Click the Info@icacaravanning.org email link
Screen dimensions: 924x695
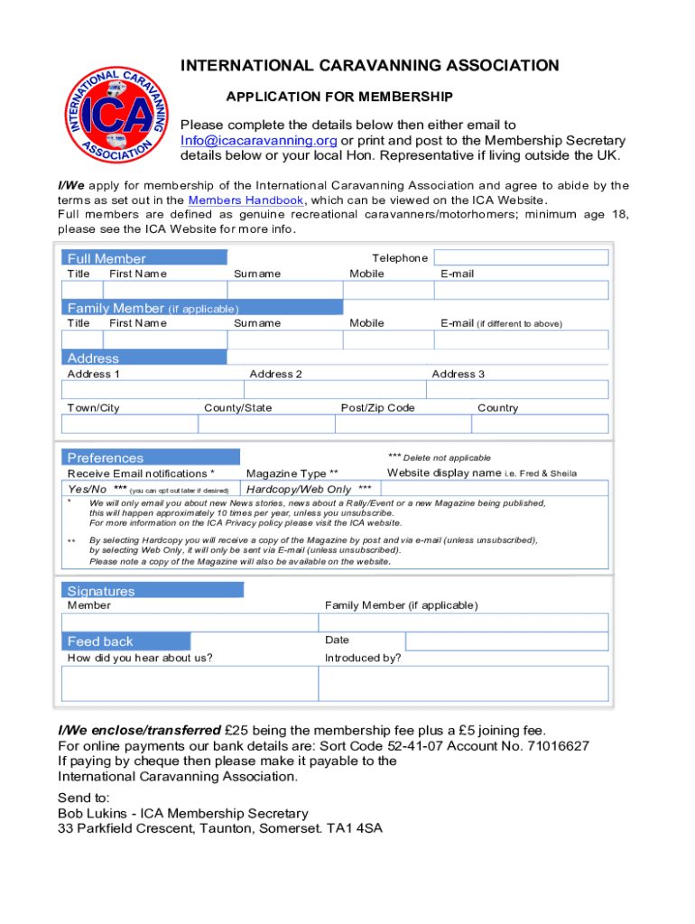[259, 140]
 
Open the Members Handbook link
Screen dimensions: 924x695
[246, 200]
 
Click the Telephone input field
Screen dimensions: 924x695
[521, 257]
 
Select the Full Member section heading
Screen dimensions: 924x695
[107, 259]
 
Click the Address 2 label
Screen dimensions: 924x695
[275, 374]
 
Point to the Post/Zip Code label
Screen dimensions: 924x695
[377, 408]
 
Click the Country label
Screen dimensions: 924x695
[497, 408]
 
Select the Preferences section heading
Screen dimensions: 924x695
[105, 457]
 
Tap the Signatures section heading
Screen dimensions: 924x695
[101, 591]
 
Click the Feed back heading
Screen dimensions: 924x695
[100, 642]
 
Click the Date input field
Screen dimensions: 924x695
[506, 641]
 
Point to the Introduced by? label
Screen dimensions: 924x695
[363, 658]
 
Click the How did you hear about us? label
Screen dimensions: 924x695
[140, 658]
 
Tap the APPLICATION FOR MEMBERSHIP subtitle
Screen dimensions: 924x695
[338, 96]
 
